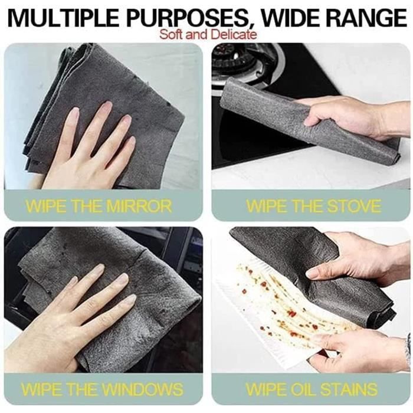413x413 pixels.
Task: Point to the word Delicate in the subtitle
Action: point(234,34)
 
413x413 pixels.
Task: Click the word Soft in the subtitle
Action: point(171,34)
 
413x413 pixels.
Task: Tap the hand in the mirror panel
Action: point(88,150)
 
